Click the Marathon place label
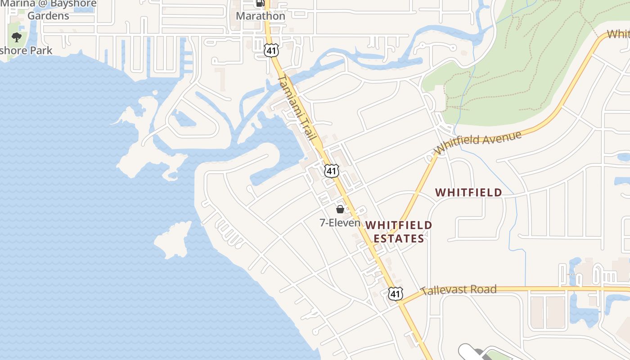(261, 16)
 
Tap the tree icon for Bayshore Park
(17, 37)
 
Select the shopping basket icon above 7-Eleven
(340, 209)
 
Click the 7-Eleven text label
(340, 222)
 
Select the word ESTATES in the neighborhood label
(399, 238)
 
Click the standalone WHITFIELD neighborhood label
(468, 193)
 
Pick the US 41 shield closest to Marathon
(271, 50)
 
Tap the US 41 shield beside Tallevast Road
(395, 294)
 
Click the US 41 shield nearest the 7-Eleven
(331, 171)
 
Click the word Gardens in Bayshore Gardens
(48, 16)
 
